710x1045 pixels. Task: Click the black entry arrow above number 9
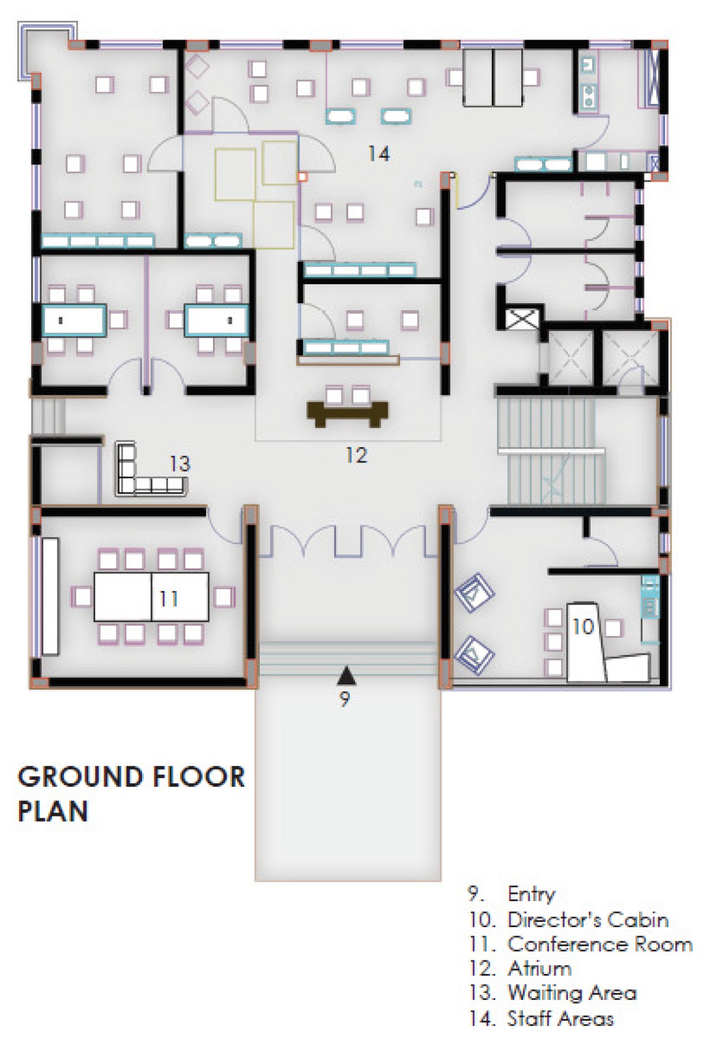tap(347, 675)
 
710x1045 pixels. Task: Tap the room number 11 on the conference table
tap(169, 599)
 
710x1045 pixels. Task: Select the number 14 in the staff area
tap(379, 154)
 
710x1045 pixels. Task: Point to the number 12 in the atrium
tap(356, 455)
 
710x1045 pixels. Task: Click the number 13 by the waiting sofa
tap(180, 464)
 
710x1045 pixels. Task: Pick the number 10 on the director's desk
tap(583, 626)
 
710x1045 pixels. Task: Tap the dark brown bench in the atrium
tap(348, 413)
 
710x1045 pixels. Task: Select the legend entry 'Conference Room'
tap(599, 944)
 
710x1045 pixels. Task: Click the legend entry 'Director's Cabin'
tap(588, 919)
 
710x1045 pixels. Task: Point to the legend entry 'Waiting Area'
tap(572, 993)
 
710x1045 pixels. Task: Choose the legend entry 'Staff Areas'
tap(560, 1018)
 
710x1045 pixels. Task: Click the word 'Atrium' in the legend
tap(540, 969)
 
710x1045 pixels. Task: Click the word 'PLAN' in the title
tap(53, 811)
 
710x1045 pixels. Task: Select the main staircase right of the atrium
tap(551, 451)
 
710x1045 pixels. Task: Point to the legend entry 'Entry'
tap(531, 895)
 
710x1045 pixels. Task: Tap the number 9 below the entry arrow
tap(345, 699)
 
